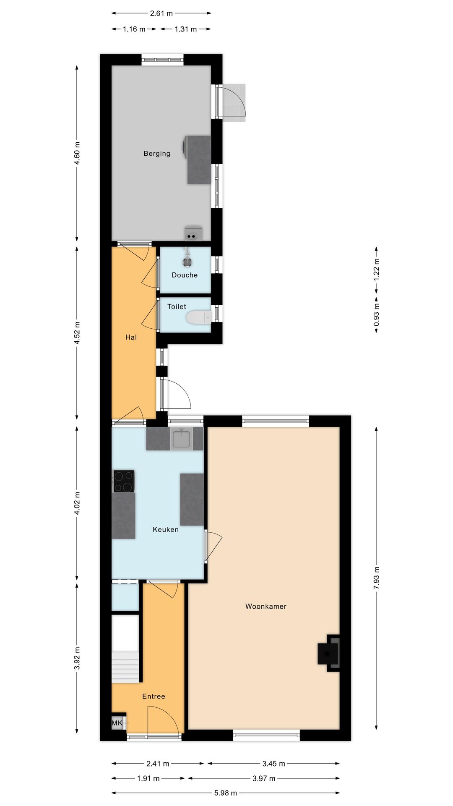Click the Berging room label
coord(157,154)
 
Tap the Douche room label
coord(185,275)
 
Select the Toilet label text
coord(177,306)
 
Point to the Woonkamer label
coord(266,606)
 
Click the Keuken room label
coord(166,529)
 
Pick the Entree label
coord(154,696)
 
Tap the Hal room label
coord(131,337)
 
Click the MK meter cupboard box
coord(118,723)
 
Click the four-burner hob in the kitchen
coord(124,481)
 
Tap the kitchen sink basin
coord(181,439)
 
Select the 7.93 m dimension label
coord(376,578)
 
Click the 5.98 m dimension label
coord(226,793)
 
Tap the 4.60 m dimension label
coord(77,154)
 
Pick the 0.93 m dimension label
coord(376,314)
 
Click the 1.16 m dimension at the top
coord(134,29)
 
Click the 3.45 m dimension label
coord(273,764)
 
